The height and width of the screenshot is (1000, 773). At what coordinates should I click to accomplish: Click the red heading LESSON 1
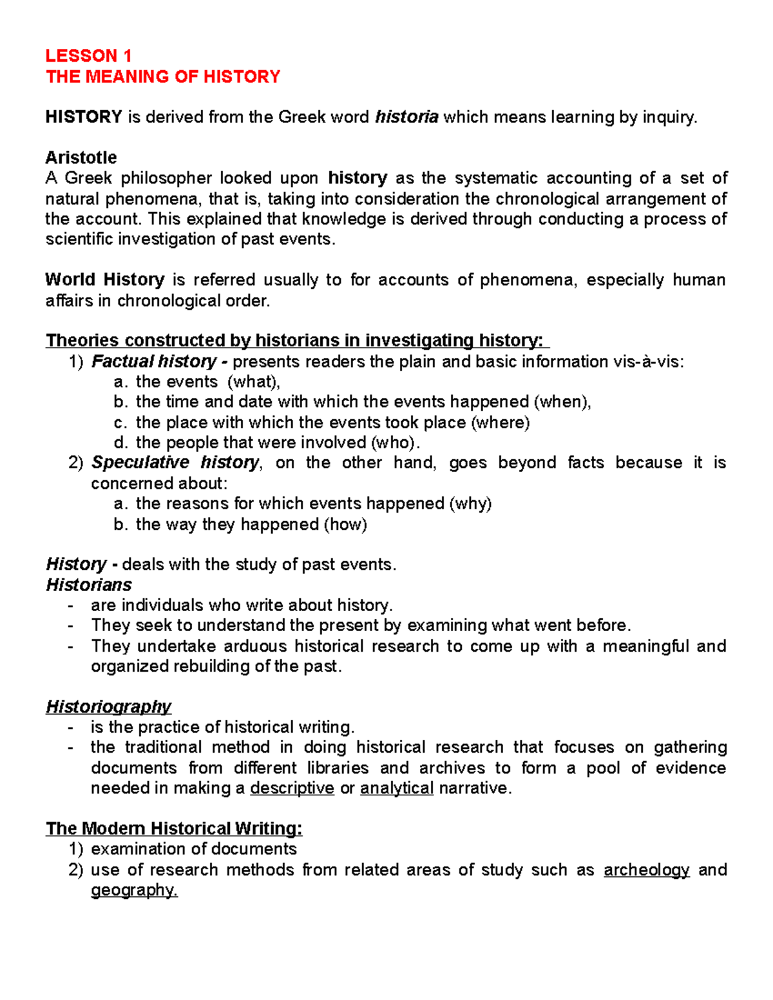pyautogui.click(x=88, y=55)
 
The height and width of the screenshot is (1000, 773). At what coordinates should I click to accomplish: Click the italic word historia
pyautogui.click(x=406, y=117)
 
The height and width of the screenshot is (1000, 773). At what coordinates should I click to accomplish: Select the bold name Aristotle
pyautogui.click(x=81, y=158)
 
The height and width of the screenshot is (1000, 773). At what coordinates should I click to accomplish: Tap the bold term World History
pyautogui.click(x=105, y=280)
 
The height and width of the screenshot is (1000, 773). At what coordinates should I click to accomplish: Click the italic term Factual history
pyautogui.click(x=154, y=361)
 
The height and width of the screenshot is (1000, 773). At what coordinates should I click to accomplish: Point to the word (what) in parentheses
pyautogui.click(x=254, y=382)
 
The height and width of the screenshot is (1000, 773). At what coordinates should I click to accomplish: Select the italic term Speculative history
pyautogui.click(x=175, y=463)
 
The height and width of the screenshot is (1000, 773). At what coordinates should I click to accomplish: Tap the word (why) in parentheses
pyautogui.click(x=470, y=504)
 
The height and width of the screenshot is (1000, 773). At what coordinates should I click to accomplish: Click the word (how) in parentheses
pyautogui.click(x=345, y=524)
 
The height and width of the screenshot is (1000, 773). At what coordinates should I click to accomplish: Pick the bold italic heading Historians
pyautogui.click(x=89, y=585)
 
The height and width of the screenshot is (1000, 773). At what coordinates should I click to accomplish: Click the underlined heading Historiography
pyautogui.click(x=108, y=707)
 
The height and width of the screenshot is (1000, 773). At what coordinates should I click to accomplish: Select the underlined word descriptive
pyautogui.click(x=292, y=788)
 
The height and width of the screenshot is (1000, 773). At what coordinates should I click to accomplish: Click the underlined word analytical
pyautogui.click(x=397, y=788)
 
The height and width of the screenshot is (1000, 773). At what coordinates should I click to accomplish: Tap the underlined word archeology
pyautogui.click(x=646, y=870)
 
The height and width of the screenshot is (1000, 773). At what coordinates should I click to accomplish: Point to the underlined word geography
pyautogui.click(x=133, y=891)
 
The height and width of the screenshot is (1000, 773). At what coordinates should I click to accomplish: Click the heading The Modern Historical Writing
pyautogui.click(x=174, y=829)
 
